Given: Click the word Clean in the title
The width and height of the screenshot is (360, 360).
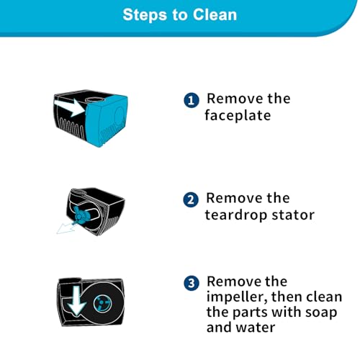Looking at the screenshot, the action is (x=215, y=14).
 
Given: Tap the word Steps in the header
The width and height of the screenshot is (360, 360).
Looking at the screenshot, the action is (x=145, y=15).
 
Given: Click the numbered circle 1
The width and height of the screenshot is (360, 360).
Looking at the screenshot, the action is (x=192, y=100).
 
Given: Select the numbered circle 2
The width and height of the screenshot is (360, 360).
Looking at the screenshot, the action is (x=191, y=199).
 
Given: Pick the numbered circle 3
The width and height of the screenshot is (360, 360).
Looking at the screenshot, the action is (x=192, y=283).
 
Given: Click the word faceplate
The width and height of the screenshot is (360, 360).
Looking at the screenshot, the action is (x=238, y=115).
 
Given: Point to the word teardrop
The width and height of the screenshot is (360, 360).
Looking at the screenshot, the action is (x=236, y=215).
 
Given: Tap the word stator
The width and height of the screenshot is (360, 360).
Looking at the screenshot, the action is (x=293, y=215).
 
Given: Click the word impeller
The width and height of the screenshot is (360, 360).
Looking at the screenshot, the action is (x=237, y=297).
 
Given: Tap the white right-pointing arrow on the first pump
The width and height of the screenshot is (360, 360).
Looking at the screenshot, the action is (x=70, y=107).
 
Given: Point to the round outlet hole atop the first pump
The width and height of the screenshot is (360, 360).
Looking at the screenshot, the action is (x=94, y=99).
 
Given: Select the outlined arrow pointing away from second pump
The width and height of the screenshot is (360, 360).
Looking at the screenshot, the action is (x=66, y=228).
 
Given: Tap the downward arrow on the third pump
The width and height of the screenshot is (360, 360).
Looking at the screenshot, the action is (x=76, y=301).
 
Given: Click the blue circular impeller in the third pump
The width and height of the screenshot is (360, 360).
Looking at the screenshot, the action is (x=102, y=304).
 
